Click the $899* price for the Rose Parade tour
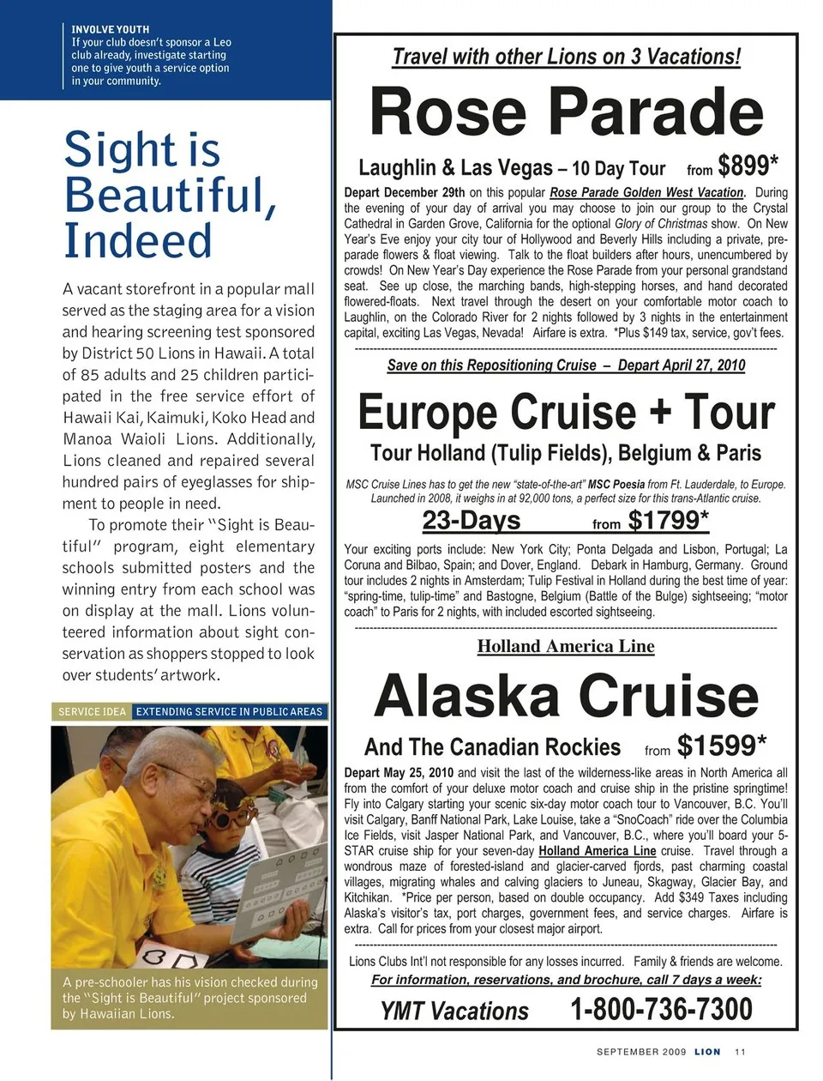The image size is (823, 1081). point(748,165)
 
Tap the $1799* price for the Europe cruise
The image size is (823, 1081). point(668,521)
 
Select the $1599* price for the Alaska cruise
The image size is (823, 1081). point(721,746)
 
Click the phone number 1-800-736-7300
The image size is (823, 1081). point(661,1010)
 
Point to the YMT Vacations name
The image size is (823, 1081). point(454,1012)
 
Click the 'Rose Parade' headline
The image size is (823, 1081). point(566,112)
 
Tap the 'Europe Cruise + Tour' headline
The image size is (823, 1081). point(566,413)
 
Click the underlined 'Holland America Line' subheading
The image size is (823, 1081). point(566,647)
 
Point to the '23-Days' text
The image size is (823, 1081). point(471,521)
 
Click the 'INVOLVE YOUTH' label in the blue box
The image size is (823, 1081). point(110,29)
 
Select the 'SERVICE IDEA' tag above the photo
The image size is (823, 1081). point(92,711)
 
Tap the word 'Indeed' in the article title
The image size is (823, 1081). point(137,240)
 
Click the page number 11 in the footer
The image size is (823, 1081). point(740,1052)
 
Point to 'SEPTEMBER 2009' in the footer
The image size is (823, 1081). point(640,1052)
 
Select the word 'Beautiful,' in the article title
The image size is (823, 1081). point(170,195)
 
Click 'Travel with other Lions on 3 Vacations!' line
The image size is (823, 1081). point(566,57)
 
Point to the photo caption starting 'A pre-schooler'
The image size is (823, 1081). point(189,998)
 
